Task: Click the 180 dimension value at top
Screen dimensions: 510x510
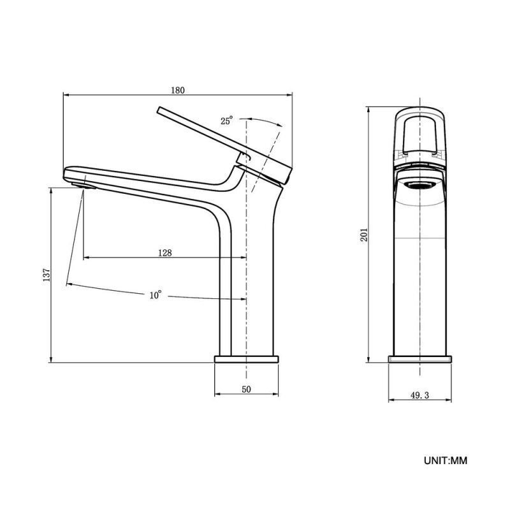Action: (x=178, y=90)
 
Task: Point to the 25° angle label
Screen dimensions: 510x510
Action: (x=227, y=120)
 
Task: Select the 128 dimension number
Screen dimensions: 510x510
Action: (x=165, y=252)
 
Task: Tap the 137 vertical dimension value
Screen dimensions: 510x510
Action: (x=47, y=275)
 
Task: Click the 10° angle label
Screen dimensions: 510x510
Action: (x=156, y=295)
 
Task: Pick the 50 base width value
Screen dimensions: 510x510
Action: (x=246, y=389)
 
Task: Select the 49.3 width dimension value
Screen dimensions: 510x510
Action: (x=419, y=395)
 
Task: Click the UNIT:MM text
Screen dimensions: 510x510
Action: (x=445, y=460)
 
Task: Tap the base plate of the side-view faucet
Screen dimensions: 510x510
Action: (x=246, y=359)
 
